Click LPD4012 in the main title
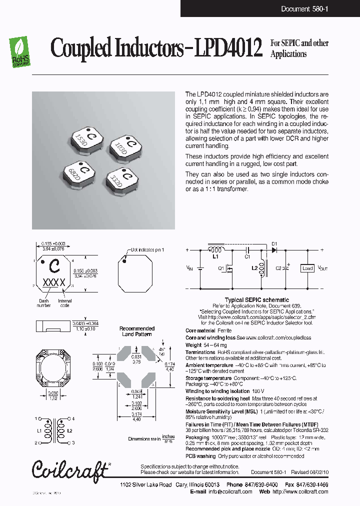[230, 49]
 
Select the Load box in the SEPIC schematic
[306, 268]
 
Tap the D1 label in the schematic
[274, 244]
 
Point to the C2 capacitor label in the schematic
[278, 268]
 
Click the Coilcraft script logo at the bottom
[70, 469]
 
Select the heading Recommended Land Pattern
[137, 331]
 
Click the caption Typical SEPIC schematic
[256, 300]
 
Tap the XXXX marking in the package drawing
[54, 282]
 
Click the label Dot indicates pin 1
[147, 249]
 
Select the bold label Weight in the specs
[193, 345]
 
